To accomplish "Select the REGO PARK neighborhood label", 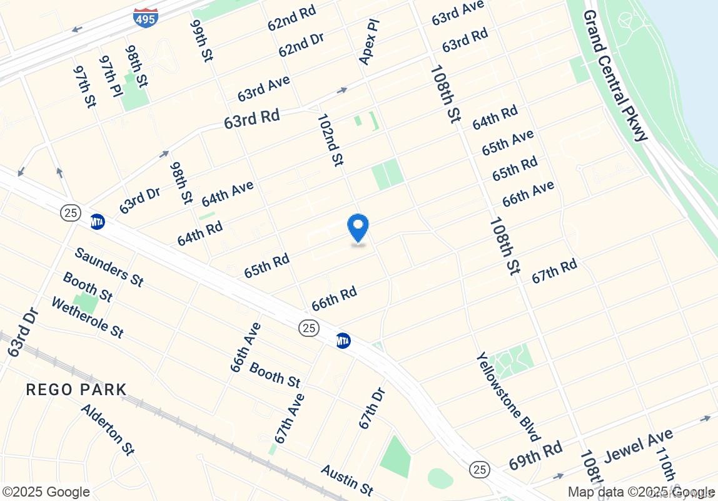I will tap(76, 390).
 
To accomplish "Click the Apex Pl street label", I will tap(369, 41).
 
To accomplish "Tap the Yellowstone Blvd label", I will tap(507, 396).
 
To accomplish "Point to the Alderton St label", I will tap(108, 429).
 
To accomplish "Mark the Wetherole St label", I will tap(87, 317).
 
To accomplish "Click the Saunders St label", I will tap(109, 267).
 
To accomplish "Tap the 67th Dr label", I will tap(372, 408).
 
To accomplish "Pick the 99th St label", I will tap(202, 41).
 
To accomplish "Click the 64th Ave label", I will tap(228, 194).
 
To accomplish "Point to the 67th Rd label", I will tap(554, 271).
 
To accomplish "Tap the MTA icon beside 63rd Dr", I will tap(97, 222).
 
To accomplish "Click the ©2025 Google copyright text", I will tap(46, 492).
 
